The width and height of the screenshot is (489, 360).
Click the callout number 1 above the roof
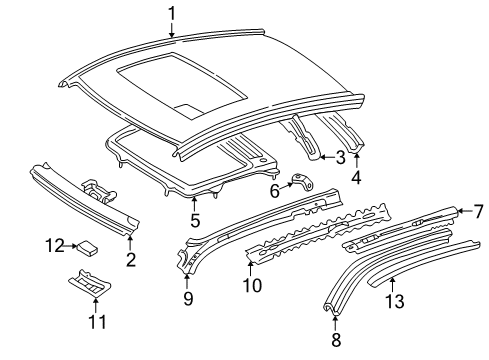coord(172,14)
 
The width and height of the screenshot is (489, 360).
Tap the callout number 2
coord(131,259)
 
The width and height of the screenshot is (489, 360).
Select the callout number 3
coord(340,157)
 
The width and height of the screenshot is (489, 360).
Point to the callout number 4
coord(356,177)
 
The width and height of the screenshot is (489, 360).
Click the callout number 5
coord(195,220)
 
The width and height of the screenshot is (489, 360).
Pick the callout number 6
coord(274,191)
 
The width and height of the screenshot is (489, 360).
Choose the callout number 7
coord(478,211)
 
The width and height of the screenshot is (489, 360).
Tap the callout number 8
coord(336,339)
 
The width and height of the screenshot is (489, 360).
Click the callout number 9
coord(188,298)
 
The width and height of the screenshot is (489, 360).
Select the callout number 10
coord(252,285)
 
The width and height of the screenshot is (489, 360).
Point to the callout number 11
coord(97,322)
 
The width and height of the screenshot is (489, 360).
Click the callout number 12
coord(55,246)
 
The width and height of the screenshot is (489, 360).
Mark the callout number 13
coord(395,301)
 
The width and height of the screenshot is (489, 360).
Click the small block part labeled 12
coord(87,248)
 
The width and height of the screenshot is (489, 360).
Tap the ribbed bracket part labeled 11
coord(89,282)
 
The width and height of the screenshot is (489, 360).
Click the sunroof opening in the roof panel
coord(182,85)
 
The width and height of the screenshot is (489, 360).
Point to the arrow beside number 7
coord(464,210)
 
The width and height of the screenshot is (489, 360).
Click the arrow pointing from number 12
coord(71,246)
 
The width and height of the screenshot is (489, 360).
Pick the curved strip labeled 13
coord(424,262)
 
